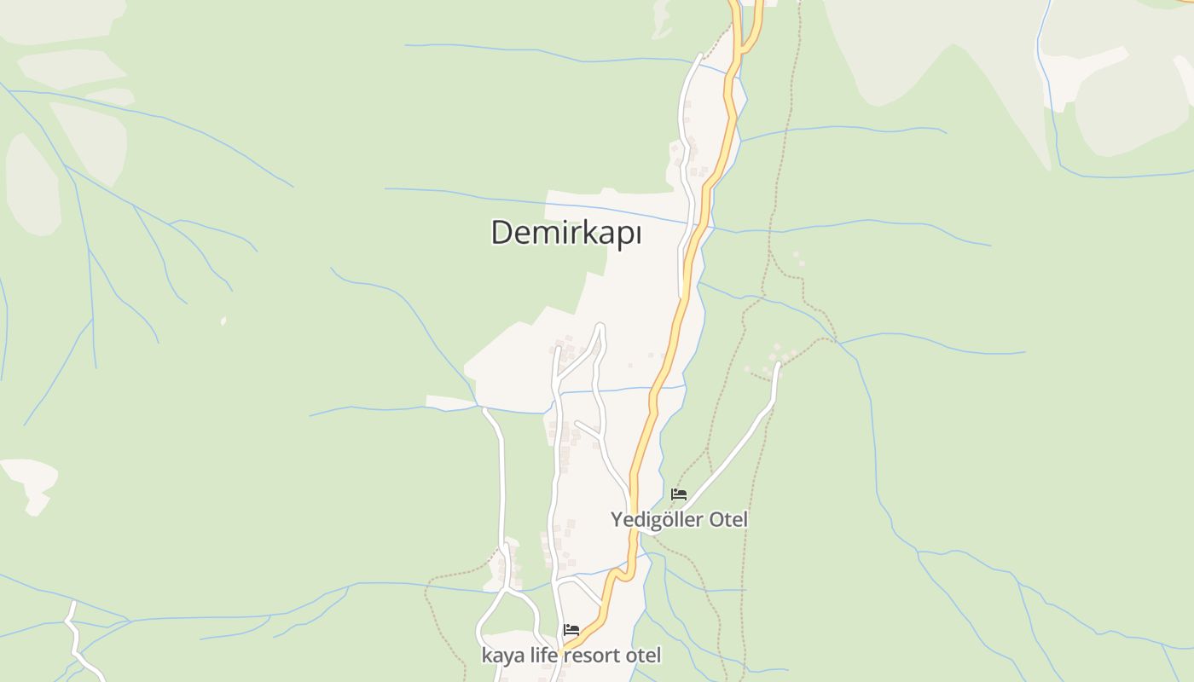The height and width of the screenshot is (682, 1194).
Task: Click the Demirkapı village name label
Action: [565, 233]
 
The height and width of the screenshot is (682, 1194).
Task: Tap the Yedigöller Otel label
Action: [679, 519]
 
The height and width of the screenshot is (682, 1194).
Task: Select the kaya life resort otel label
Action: [571, 656]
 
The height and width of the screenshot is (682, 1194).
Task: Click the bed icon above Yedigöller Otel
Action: [679, 494]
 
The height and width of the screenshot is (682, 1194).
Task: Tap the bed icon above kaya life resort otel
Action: [571, 631]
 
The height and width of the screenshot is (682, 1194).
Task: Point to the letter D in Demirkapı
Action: [501, 233]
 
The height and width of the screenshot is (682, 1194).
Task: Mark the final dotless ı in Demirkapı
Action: [636, 233]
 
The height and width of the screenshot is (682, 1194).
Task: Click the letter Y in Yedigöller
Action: [616, 519]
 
